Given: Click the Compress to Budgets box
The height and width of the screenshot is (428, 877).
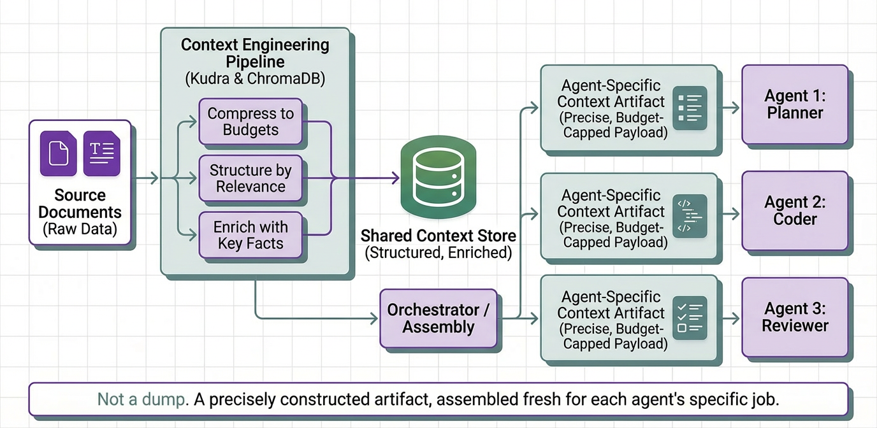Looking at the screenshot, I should [x=250, y=122].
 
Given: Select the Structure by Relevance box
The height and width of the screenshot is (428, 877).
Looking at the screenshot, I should [x=250, y=178].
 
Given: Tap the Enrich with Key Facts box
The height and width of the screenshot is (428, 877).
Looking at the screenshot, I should [x=250, y=235].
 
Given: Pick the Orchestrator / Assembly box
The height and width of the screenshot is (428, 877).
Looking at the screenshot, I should [x=438, y=318].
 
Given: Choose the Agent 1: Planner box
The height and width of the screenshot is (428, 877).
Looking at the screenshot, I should [x=795, y=104].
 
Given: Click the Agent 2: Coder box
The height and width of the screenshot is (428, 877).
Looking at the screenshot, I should [x=795, y=211].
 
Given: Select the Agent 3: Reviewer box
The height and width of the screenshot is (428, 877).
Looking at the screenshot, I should [x=795, y=317].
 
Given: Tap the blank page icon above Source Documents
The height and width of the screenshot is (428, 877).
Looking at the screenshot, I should [x=59, y=153].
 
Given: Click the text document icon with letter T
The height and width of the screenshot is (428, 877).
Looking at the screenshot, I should [x=101, y=153].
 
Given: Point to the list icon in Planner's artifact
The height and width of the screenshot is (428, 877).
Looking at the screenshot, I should [x=690, y=108].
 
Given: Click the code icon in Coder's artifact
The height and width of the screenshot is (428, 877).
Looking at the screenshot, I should [x=690, y=216].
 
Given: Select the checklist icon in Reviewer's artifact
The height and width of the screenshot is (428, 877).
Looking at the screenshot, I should [x=690, y=317].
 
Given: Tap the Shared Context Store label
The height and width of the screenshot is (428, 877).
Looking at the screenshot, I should [x=438, y=236].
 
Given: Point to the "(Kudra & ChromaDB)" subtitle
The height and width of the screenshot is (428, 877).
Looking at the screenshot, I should [x=255, y=80].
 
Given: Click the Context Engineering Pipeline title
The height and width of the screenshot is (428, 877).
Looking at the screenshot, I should [x=255, y=53].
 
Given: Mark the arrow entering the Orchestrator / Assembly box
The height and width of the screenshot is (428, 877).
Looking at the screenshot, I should [x=370, y=318].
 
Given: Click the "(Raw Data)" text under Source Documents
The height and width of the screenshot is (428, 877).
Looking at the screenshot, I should [x=80, y=229].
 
